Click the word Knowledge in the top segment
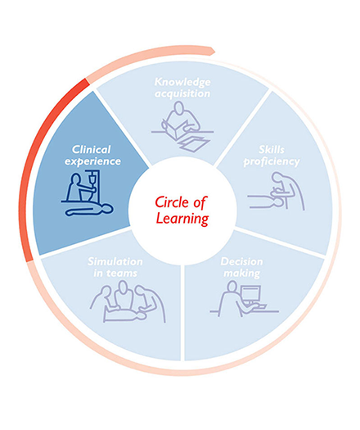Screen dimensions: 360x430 coord(182,82)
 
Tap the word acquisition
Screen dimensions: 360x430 coord(182,94)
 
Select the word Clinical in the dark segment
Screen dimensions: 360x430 coord(92,149)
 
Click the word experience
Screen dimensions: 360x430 coord(92,161)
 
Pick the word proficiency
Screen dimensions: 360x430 coord(272,162)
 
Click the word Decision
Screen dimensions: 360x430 coord(241,261)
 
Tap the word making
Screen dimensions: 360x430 coord(241,274)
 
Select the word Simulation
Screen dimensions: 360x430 coord(115,261)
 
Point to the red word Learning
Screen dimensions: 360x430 coord(182,219)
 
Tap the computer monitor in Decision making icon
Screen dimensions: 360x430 coord(250,293)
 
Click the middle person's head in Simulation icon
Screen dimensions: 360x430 coord(124,286)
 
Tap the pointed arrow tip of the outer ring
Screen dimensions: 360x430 coord(214,50)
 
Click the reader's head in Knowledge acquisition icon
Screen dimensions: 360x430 coord(179,107)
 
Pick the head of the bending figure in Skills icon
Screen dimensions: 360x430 coord(277,178)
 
